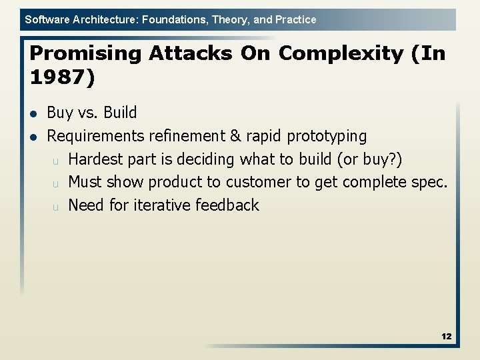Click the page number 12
[446, 337]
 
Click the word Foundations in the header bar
[173, 20]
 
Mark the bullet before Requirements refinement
[33, 137]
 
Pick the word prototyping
[327, 136]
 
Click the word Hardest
[95, 159]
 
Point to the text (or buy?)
[370, 159]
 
